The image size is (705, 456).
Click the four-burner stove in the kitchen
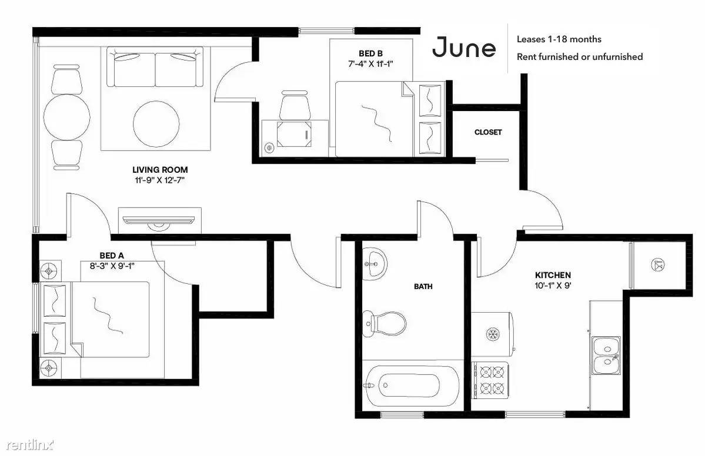point(490,380)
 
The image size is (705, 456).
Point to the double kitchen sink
point(606,356)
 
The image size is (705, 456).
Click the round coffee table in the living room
point(156,123)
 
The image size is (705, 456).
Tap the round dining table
point(66,117)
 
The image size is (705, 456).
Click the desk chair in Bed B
point(295,106)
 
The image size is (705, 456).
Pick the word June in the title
point(464,47)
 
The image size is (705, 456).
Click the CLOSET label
point(488,132)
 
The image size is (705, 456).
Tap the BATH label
point(423,286)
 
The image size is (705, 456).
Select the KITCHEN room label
point(553,275)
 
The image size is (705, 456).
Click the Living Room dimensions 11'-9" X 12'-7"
point(159,180)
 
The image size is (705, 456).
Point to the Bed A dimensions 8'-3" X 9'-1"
point(112,266)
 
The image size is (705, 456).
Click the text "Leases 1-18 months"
point(559,39)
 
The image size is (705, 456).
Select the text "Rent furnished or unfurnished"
point(580,57)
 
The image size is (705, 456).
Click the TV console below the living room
point(159,220)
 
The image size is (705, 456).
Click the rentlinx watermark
point(30,445)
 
